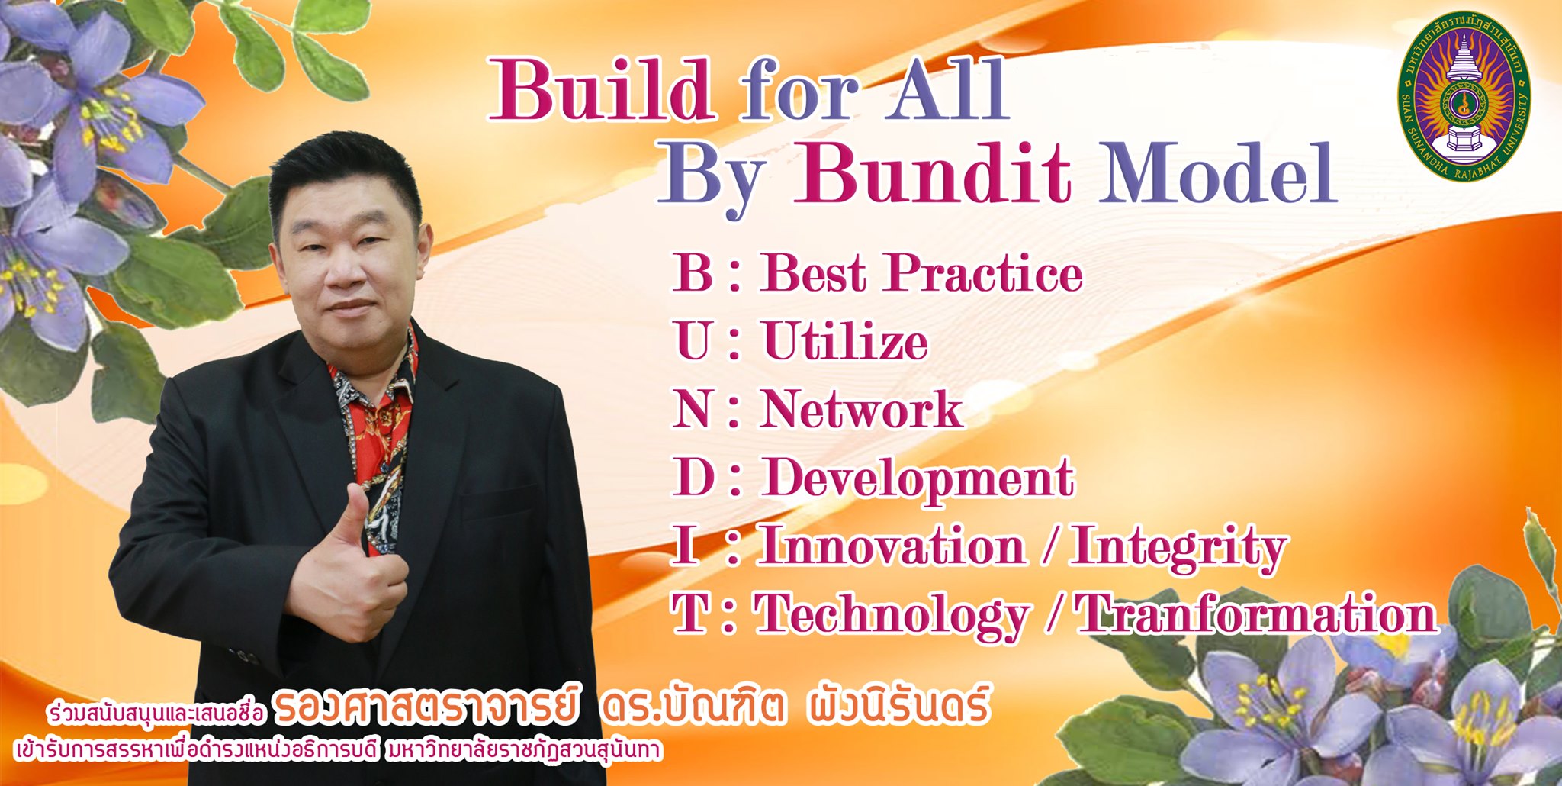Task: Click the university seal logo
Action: pos(1464,96)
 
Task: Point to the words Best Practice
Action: pos(921,272)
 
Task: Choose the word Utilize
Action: pos(845,340)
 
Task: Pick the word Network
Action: pos(862,409)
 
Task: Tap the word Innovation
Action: pos(892,546)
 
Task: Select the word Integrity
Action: pos(1179,549)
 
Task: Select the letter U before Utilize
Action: pos(694,340)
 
